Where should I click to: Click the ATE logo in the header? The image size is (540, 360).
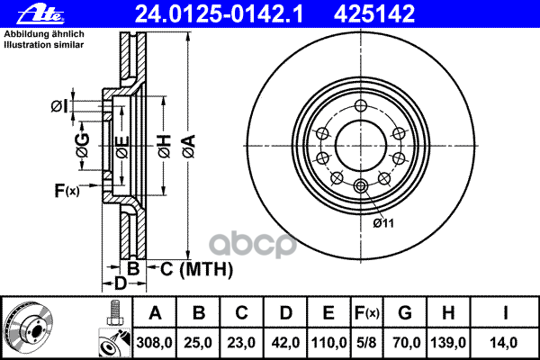[40, 14]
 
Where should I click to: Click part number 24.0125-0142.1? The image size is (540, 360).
[219, 14]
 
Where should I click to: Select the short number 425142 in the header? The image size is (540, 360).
[374, 14]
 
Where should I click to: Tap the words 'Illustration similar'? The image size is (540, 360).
[44, 45]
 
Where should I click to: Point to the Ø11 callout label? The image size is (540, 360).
[383, 223]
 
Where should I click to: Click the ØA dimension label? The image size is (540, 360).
[189, 147]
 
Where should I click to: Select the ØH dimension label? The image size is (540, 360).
[165, 147]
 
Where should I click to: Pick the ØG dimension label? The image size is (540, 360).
[83, 146]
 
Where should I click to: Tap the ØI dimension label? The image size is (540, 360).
[59, 106]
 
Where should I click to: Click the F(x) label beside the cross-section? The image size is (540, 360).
[67, 191]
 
